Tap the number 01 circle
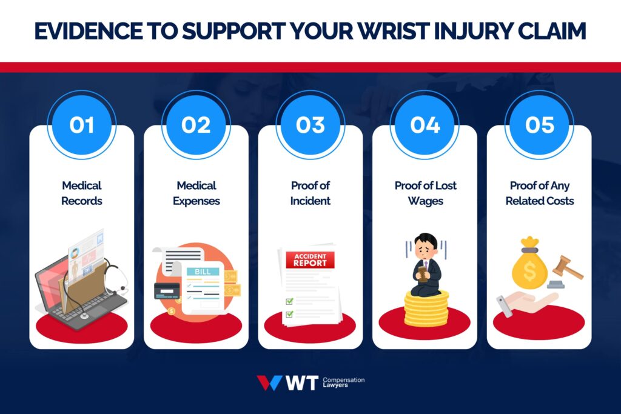coord(81,125)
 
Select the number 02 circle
coord(195,125)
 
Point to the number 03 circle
coord(310,125)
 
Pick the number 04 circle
coord(425,125)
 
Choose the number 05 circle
coord(539,125)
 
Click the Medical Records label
coord(81,193)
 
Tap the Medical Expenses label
coord(195,193)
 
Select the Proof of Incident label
coord(310,193)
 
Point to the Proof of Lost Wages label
coord(425,193)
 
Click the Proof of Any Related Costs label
coord(539,193)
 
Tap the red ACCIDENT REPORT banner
coord(310,260)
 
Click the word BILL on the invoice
coord(203,272)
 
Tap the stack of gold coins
coord(426,309)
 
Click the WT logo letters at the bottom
coord(301,383)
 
